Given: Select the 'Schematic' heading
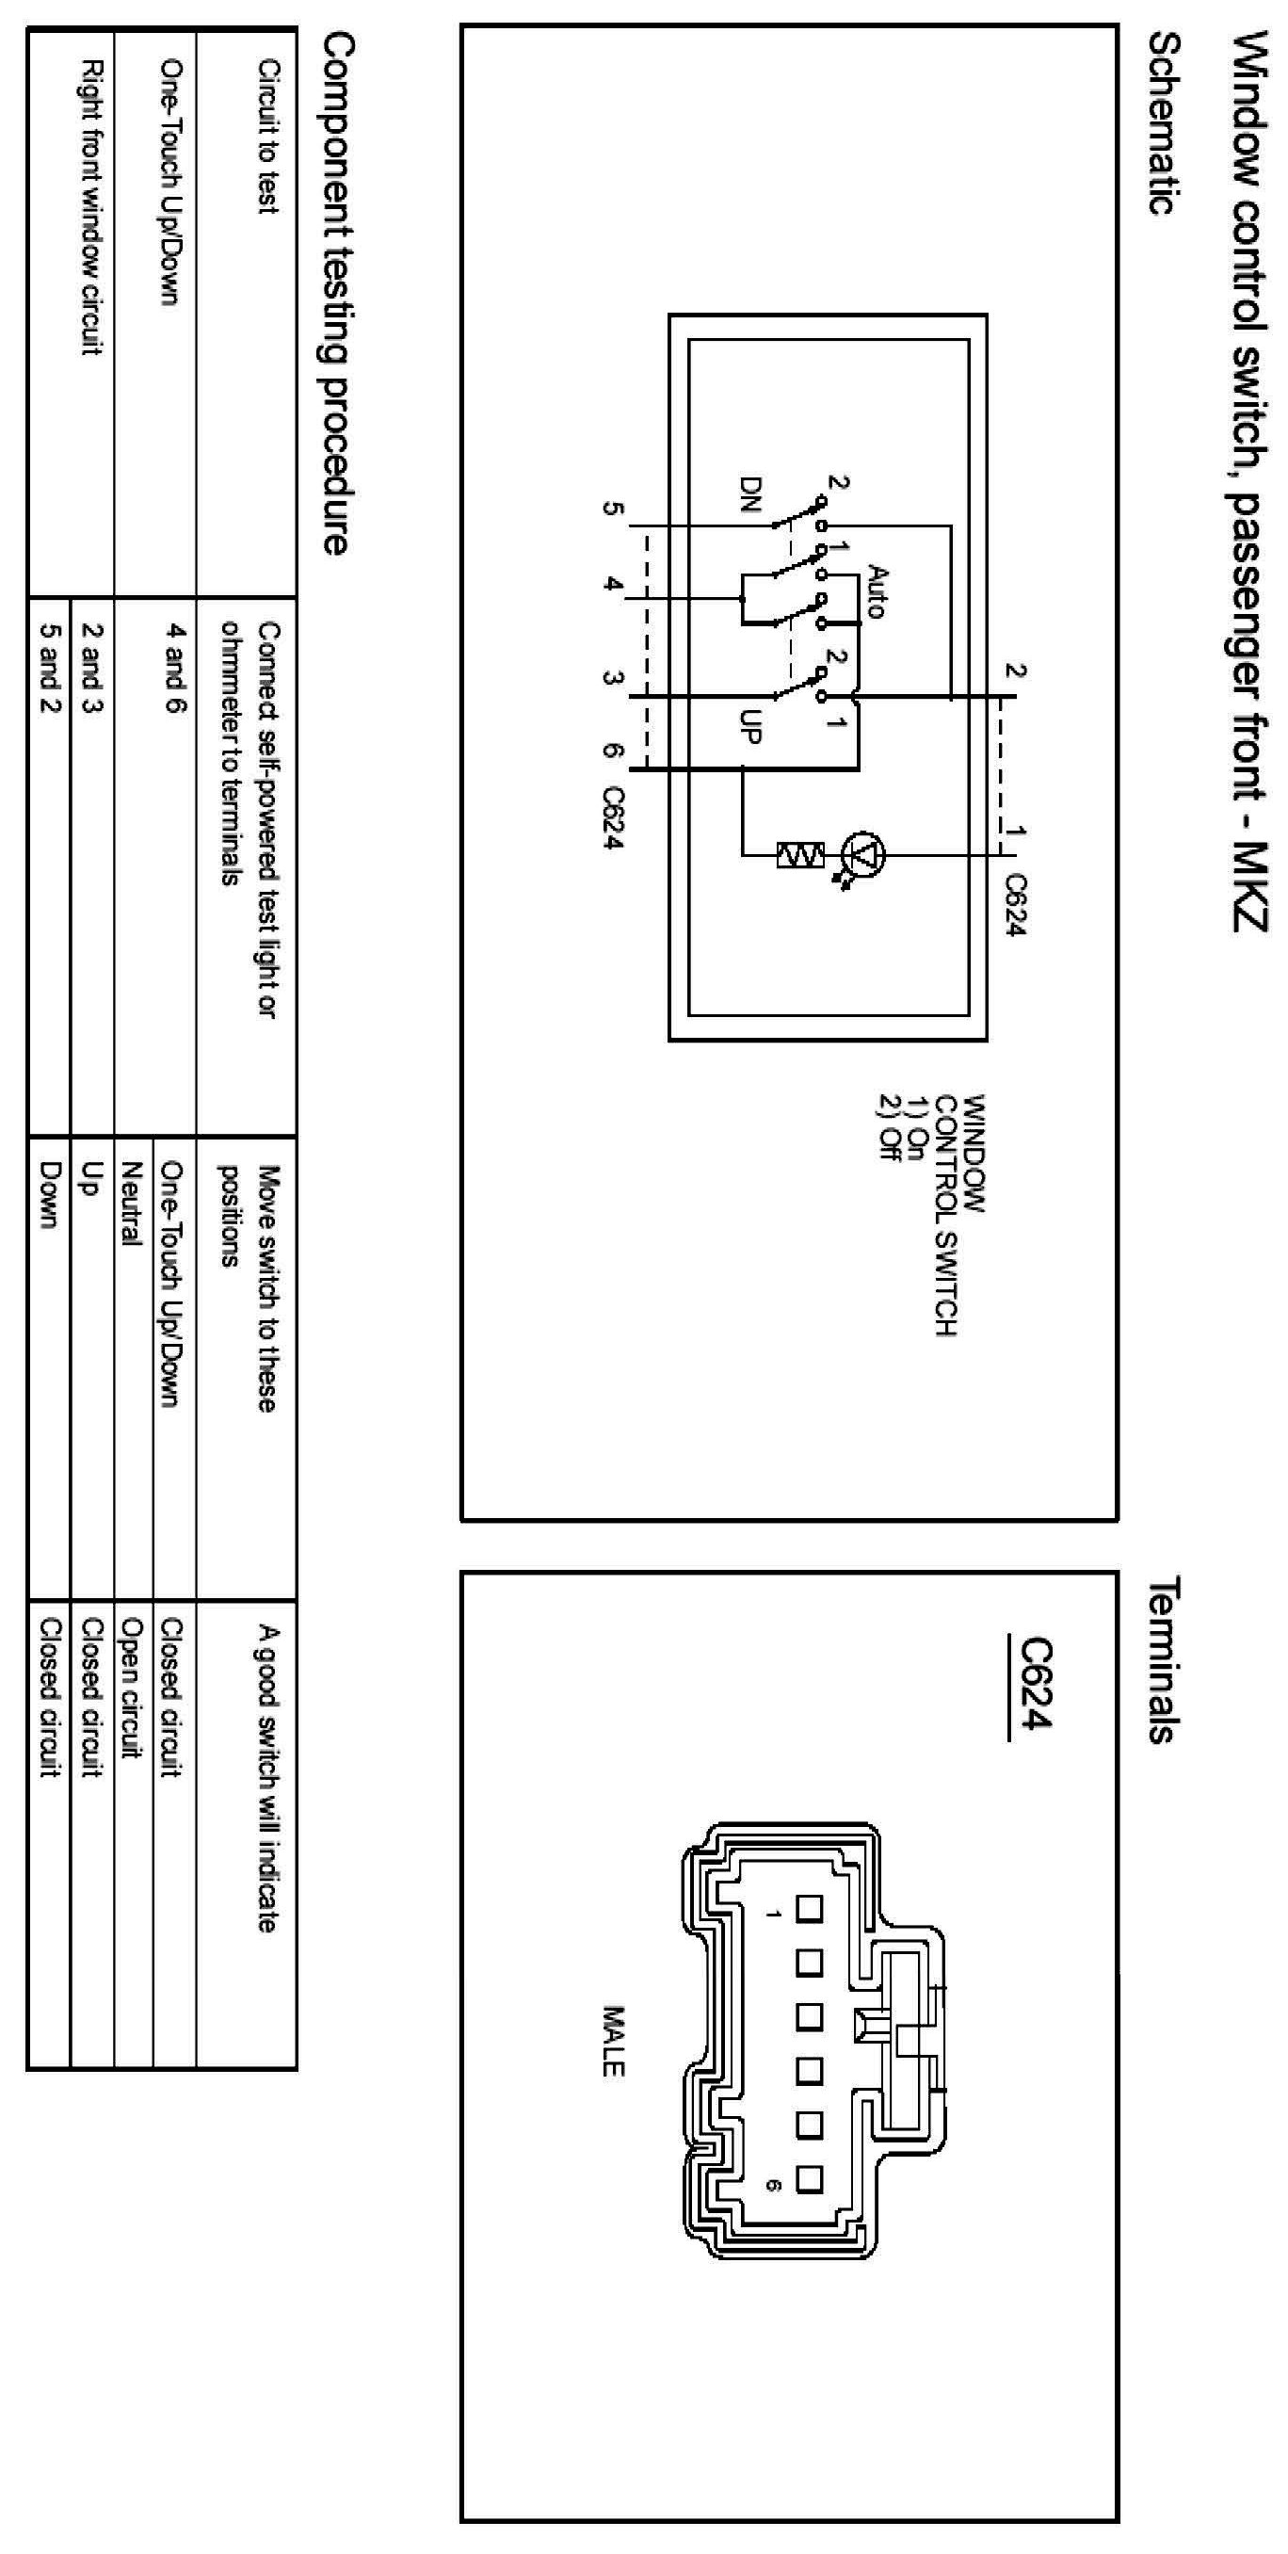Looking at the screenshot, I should pos(1164,123).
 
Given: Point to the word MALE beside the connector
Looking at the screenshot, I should pos(614,2042).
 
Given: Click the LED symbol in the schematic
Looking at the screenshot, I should pos(863,853).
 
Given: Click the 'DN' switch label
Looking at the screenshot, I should pos(750,495).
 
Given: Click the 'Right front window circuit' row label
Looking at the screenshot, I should pos(92,208).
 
